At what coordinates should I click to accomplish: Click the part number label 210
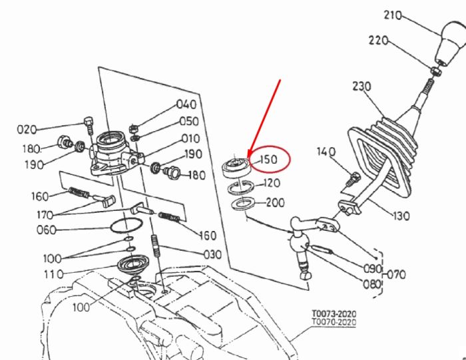[393, 15]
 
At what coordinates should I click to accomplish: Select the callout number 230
[362, 87]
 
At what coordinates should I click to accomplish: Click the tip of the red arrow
[248, 158]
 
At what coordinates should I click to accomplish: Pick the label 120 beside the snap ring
[272, 183]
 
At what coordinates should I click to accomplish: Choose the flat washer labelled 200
[243, 204]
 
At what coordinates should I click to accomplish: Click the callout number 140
[326, 152]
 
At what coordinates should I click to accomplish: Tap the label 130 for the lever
[401, 216]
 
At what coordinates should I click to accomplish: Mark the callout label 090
[373, 269]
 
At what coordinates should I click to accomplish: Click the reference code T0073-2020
[334, 313]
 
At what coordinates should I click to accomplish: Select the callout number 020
[27, 130]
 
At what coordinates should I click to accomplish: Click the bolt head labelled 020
[89, 122]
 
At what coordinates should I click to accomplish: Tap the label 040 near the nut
[186, 104]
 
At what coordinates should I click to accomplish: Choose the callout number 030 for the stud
[212, 255]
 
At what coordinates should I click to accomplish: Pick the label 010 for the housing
[191, 138]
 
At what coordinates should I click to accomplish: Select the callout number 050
[189, 121]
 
